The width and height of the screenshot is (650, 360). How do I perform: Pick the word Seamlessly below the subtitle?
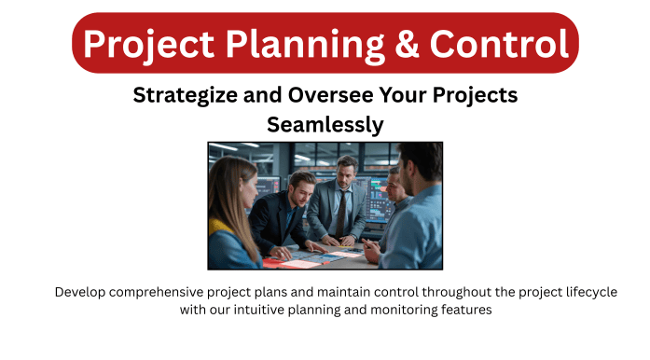[x=325, y=122]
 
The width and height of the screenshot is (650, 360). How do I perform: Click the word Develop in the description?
[x=82, y=292]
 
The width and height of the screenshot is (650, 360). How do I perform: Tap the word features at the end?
[x=465, y=310]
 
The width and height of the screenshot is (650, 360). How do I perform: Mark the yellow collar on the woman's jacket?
[x=220, y=227]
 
